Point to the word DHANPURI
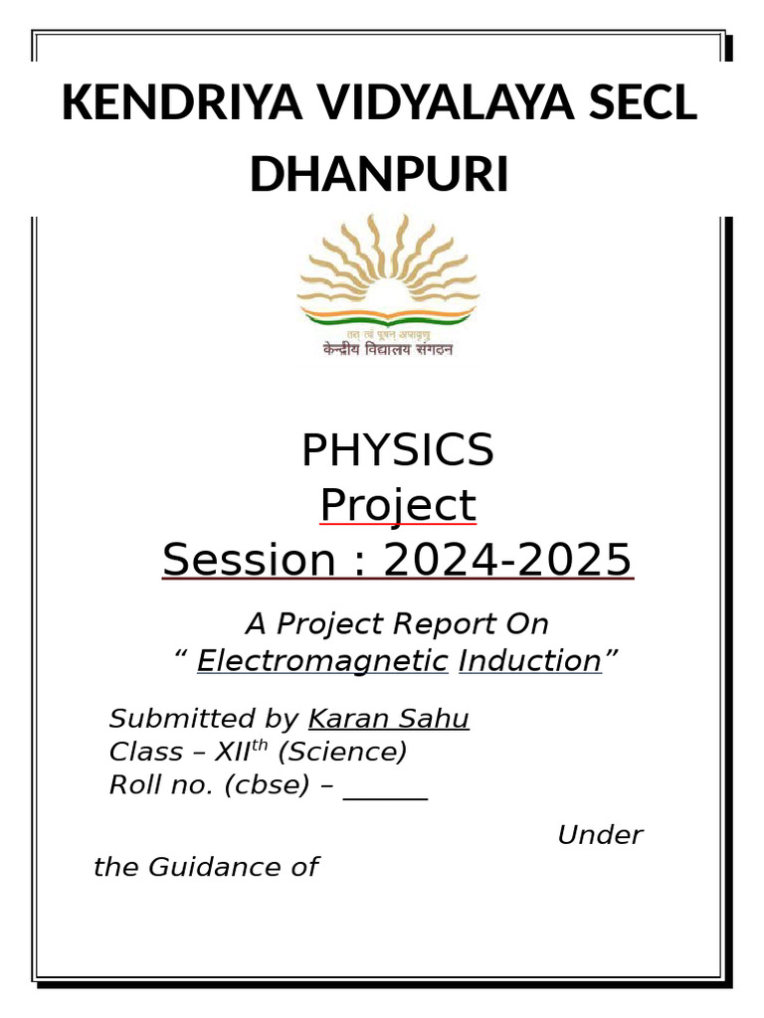[379, 175]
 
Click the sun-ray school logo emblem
[388, 272]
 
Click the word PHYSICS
[397, 451]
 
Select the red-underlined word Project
[397, 506]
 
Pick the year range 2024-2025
[507, 561]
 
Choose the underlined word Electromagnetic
[322, 661]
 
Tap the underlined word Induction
[529, 661]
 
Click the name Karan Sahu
[389, 719]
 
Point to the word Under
[600, 835]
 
